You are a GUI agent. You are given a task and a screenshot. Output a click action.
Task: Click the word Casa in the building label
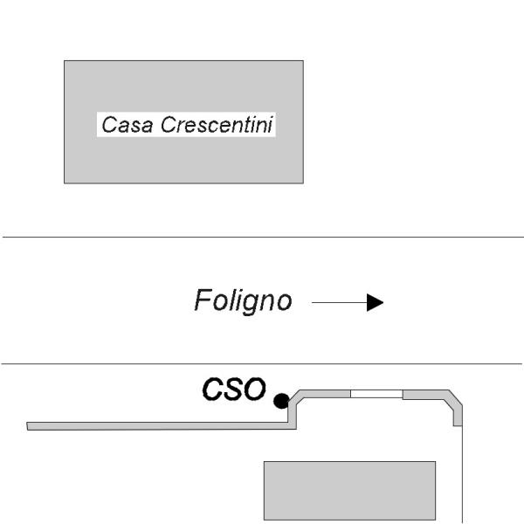pos(128,125)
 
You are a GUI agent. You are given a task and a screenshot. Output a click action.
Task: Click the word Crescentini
pos(217,124)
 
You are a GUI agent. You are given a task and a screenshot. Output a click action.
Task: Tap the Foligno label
pos(243,300)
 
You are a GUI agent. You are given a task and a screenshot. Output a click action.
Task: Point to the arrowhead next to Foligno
pos(375,302)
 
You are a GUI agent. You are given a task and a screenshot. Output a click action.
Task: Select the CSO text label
pos(234,389)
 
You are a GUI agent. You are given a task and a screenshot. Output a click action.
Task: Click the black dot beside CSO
pos(281,401)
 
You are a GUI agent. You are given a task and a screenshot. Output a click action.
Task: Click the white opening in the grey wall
pos(376,394)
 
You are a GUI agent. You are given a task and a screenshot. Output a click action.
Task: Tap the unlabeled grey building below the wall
pos(349,491)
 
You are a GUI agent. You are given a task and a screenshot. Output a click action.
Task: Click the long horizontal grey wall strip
pos(158,426)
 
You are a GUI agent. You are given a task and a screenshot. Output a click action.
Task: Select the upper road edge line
pos(264,237)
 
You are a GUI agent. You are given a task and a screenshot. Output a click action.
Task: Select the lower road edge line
pos(262,363)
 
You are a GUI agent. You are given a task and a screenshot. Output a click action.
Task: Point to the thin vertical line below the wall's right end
pos(463,474)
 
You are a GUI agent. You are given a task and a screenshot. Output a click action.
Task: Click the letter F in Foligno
pos(203,300)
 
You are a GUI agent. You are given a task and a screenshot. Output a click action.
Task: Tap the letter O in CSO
pos(254,389)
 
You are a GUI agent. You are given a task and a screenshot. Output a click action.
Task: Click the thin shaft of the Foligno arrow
pos(339,302)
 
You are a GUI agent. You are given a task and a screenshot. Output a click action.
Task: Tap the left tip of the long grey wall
pos(27,426)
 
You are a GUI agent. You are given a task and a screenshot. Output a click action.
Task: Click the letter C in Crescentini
pos(168,124)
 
